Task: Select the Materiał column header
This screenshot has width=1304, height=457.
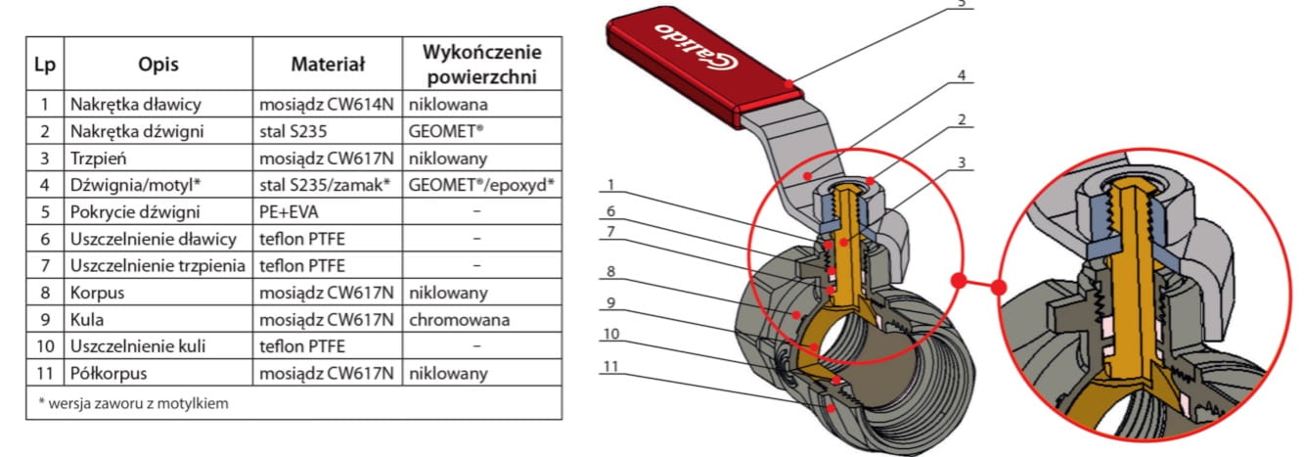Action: pos(328,65)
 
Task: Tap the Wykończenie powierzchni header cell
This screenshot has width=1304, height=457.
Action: pos(481,65)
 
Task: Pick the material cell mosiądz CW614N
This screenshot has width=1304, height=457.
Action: pos(327,104)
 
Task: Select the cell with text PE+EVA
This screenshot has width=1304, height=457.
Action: pos(291,211)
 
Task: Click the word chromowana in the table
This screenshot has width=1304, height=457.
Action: pos(453,320)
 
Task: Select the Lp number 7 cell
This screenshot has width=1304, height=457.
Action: pos(43,265)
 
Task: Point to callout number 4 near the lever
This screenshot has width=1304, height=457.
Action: pos(962,74)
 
